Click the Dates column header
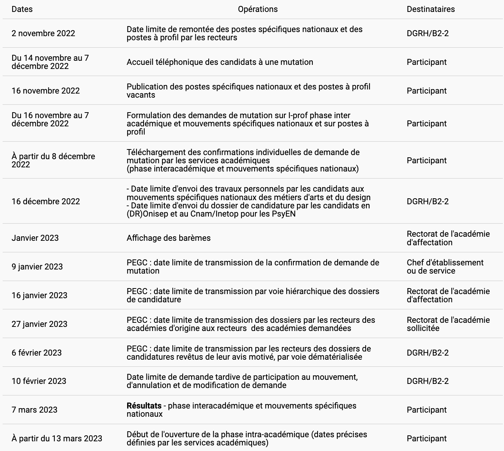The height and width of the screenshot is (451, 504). [22, 9]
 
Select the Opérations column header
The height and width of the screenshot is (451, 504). [258, 9]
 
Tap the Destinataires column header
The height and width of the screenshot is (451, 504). [431, 9]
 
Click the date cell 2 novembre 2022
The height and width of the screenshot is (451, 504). [43, 34]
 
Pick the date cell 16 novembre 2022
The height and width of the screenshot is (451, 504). [45, 91]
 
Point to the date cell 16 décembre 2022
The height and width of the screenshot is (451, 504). [45, 202]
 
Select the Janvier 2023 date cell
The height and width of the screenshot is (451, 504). [35, 238]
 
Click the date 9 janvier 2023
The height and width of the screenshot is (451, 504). [37, 267]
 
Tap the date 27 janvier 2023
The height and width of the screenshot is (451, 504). [39, 324]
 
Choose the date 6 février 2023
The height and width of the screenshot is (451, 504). [37, 353]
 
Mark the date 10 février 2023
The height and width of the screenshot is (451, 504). [39, 381]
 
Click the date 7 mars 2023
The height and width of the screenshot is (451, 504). [34, 410]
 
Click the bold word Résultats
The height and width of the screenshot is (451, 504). [144, 406]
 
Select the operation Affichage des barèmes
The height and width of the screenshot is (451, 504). [168, 238]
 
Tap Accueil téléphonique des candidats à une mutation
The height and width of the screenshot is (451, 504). [220, 62]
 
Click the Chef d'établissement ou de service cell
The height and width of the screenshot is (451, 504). [445, 267]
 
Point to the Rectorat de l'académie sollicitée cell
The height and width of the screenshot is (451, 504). [448, 324]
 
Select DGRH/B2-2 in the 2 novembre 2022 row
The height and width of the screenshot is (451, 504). [428, 34]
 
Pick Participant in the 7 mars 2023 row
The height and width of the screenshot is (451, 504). [426, 410]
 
